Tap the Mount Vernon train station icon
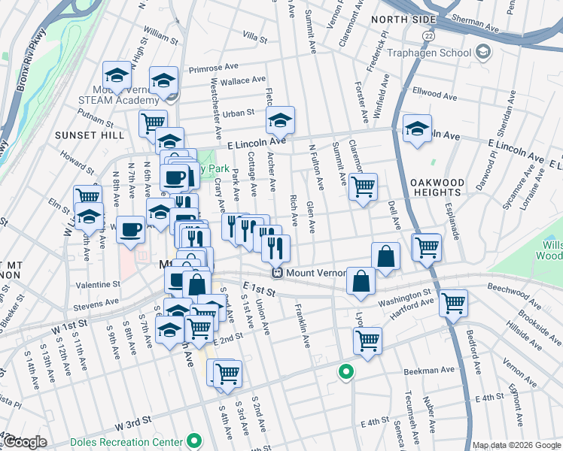pyautogui.click(x=277, y=274)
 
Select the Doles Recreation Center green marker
pyautogui.click(x=194, y=441)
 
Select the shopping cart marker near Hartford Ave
pyautogui.click(x=453, y=303)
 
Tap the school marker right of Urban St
pyautogui.click(x=280, y=120)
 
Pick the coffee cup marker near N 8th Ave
pyautogui.click(x=131, y=229)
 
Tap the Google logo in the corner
pyautogui.click(x=25, y=442)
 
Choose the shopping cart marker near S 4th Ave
pyautogui.click(x=227, y=374)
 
